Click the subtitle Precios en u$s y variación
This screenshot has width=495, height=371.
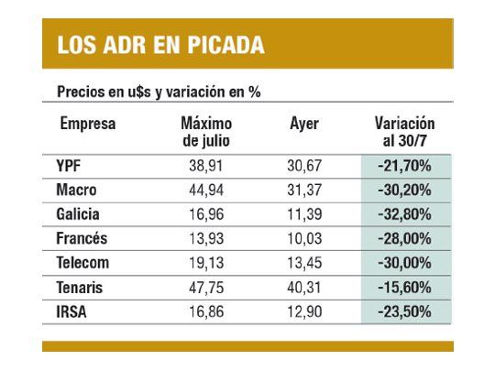tap(161, 92)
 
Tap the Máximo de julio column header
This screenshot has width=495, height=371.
tap(206, 131)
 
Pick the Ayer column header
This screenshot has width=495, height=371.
tap(303, 124)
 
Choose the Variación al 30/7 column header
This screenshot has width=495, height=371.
tap(404, 131)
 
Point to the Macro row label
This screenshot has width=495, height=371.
tap(76, 191)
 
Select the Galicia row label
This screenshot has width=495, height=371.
tap(78, 214)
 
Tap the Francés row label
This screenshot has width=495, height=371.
tap(82, 238)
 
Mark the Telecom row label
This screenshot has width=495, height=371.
tap(83, 262)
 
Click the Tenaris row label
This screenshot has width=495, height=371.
tap(81, 286)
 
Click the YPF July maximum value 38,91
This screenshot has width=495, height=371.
tap(206, 167)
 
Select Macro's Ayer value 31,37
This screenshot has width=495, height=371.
tap(303, 191)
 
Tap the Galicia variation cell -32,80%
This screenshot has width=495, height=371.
tap(404, 214)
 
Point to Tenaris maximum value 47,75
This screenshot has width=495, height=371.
tap(206, 286)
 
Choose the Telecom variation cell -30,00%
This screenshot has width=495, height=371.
tap(404, 262)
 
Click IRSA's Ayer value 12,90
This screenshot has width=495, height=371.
tap(303, 310)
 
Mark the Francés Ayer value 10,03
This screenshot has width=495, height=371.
tap(303, 238)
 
